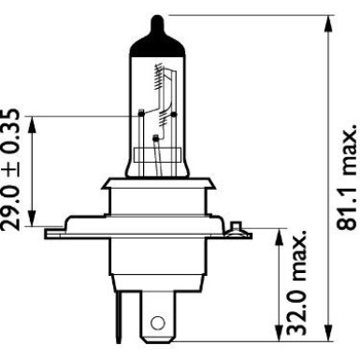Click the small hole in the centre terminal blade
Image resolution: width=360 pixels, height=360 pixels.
point(157,324)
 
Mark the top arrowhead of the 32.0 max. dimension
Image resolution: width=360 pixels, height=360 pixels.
point(278,232)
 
